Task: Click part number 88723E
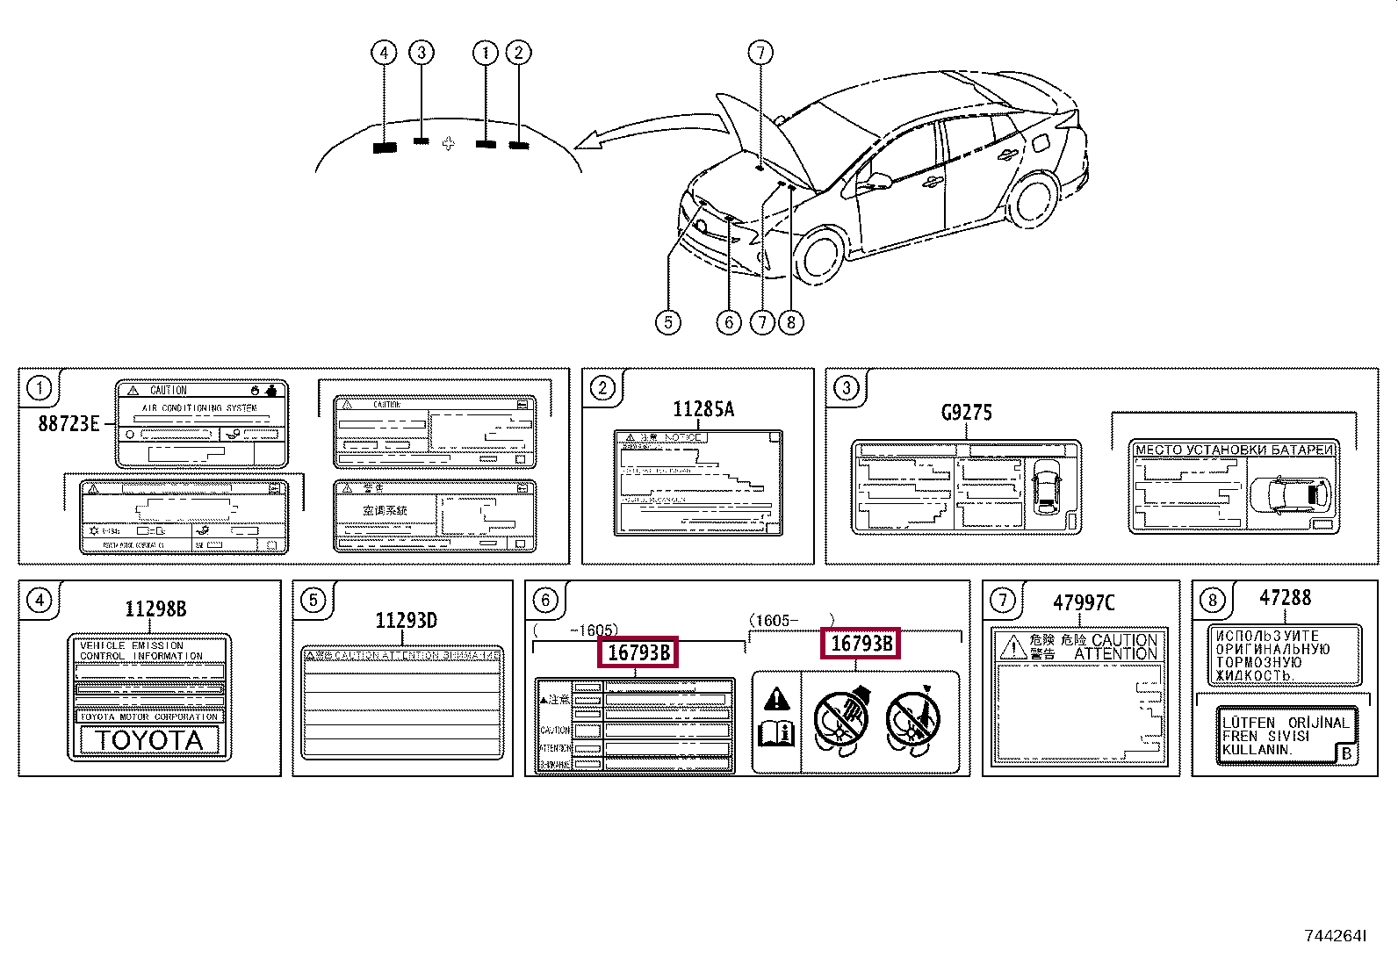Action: (x=68, y=424)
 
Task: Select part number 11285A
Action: (x=703, y=409)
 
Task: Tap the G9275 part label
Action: (x=966, y=413)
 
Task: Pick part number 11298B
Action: (x=155, y=609)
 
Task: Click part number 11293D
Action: (x=406, y=621)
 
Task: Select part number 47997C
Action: (x=1084, y=603)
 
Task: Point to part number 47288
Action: (x=1285, y=598)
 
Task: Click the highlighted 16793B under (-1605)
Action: (x=638, y=652)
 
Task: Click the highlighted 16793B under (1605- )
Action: (x=861, y=644)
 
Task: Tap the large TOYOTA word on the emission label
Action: (x=149, y=740)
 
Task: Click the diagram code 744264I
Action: (x=1335, y=936)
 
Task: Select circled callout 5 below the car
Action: (x=668, y=322)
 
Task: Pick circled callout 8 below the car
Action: (x=790, y=322)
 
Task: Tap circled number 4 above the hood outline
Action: (x=384, y=54)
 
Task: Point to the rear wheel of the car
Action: (x=1034, y=199)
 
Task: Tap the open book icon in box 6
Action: (x=776, y=731)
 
